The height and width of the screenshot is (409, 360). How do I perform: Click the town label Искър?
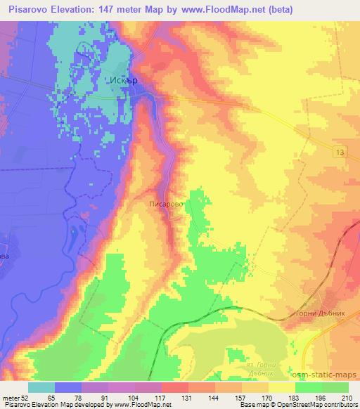click(x=122, y=79)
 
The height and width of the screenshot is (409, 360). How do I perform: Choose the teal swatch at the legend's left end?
click(x=41, y=387)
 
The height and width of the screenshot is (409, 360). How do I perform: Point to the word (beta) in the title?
click(x=278, y=9)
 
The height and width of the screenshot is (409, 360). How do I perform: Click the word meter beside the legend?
click(x=10, y=398)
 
